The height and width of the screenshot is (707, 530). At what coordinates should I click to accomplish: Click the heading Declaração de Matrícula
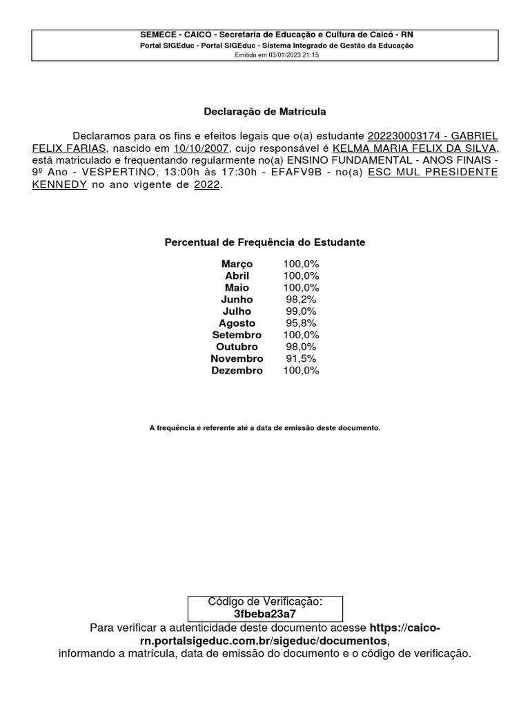[x=265, y=111]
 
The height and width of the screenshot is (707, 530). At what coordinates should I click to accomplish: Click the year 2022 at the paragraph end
[x=207, y=185]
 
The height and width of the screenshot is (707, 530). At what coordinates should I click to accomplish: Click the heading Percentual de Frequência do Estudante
[x=265, y=242]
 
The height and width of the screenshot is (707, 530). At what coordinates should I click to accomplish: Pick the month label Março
[x=237, y=264]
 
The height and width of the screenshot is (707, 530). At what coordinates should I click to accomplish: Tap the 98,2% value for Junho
[x=301, y=300]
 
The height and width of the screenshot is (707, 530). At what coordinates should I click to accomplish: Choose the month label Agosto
[x=237, y=323]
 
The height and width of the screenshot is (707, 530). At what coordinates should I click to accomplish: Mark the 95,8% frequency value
[x=301, y=323]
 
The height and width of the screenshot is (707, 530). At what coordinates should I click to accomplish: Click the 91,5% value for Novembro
[x=301, y=358]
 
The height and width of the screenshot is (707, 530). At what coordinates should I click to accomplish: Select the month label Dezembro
[x=237, y=371]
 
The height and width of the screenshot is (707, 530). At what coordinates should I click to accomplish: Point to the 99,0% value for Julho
[x=301, y=311]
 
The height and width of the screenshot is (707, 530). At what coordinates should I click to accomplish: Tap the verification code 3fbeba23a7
[x=265, y=614]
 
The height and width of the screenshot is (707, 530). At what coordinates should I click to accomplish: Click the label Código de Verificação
[x=265, y=601]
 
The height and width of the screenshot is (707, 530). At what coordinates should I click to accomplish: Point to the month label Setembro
[x=237, y=335]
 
